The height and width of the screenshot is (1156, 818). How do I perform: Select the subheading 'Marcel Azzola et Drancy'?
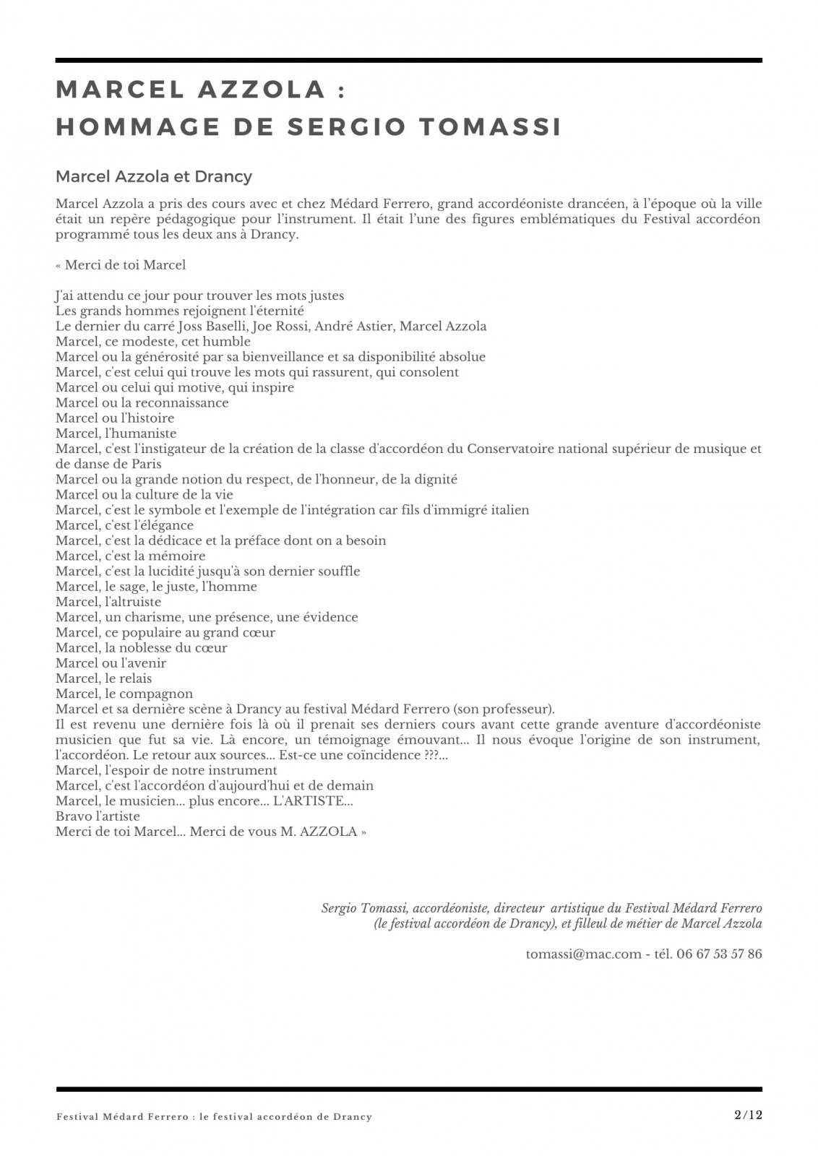tap(153, 176)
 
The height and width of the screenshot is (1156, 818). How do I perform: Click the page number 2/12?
tap(747, 1115)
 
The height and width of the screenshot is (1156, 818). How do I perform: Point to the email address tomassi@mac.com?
tap(583, 954)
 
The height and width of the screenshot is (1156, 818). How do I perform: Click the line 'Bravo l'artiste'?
tap(98, 816)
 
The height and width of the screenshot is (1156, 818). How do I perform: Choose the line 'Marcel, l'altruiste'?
tap(108, 601)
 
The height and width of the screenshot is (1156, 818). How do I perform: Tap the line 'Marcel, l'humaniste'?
tap(116, 433)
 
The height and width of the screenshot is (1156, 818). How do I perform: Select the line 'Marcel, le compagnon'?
tap(124, 693)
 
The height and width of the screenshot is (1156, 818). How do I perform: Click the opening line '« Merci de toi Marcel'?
tap(120, 265)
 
